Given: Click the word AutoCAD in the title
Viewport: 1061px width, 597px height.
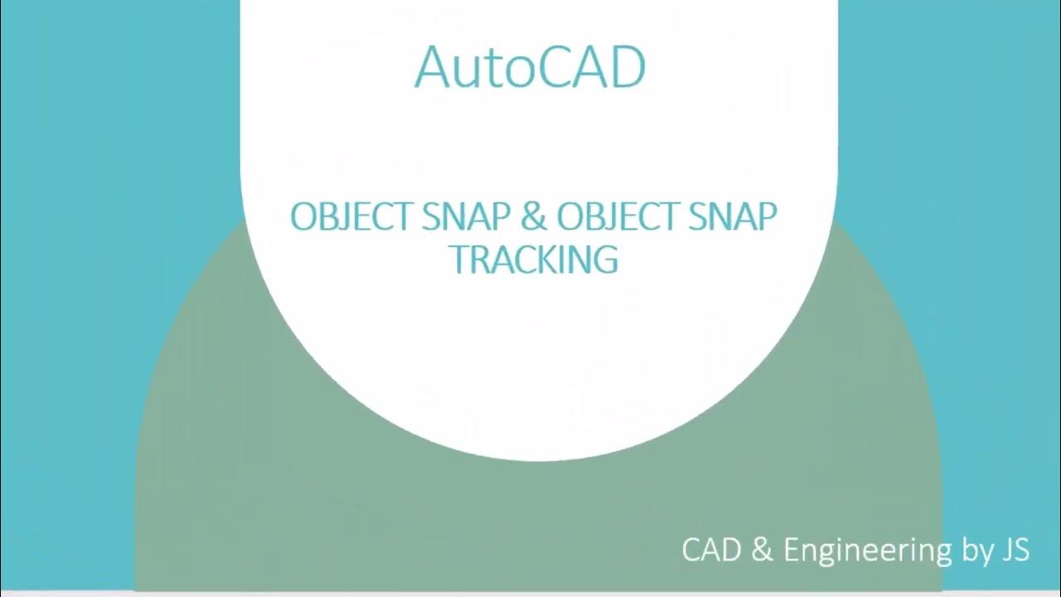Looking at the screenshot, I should pos(530,67).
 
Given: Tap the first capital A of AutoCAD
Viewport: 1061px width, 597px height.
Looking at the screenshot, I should pos(431,67).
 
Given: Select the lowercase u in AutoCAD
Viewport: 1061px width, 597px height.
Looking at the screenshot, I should pos(466,72).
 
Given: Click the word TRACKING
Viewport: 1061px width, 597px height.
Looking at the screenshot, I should pos(534,259).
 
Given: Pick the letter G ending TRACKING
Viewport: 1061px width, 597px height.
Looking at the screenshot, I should pos(605,259).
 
